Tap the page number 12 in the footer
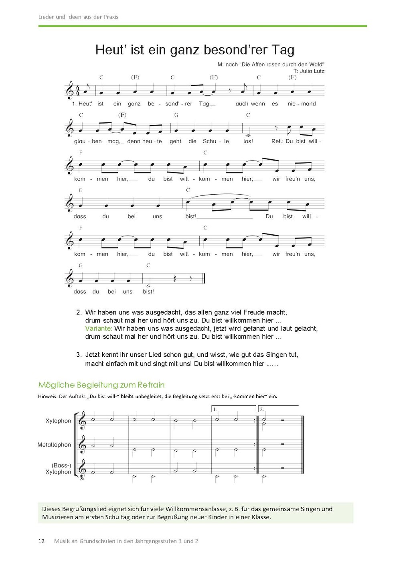[41, 541]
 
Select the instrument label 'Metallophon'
[54, 445]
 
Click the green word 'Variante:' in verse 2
[98, 328]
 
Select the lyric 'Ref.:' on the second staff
[277, 141]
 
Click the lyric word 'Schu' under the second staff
[209, 141]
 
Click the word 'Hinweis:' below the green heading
[48, 396]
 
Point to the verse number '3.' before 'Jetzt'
[79, 355]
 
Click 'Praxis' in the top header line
[111, 17]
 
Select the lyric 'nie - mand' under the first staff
[302, 104]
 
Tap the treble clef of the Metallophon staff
[82, 444]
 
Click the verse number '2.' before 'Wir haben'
[79, 312]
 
